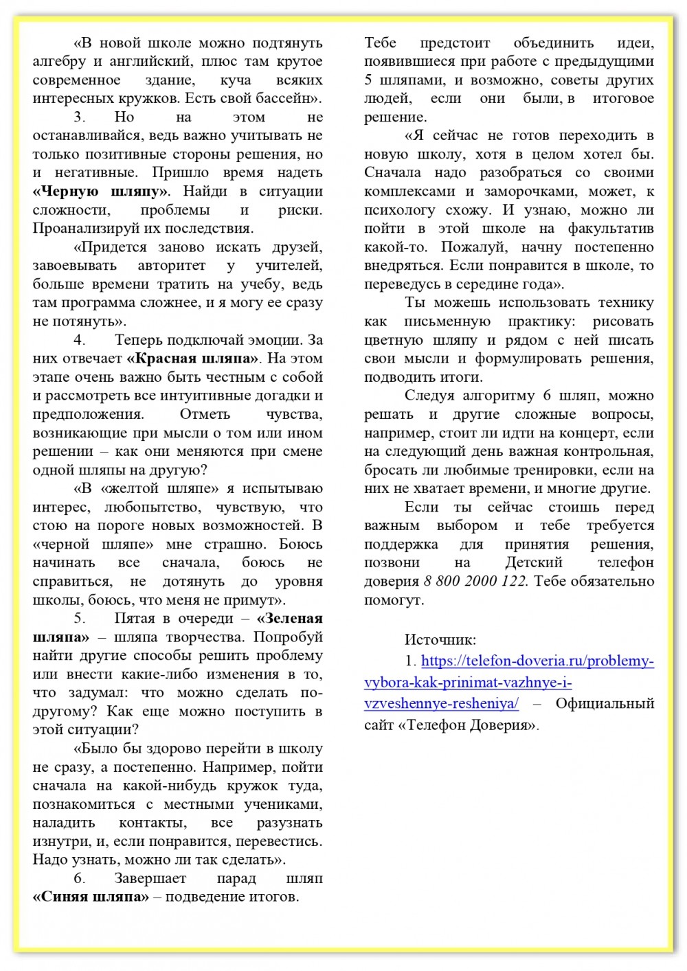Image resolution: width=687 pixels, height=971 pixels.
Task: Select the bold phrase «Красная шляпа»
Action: [x=193, y=358]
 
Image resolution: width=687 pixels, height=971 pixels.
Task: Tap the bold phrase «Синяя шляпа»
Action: [x=91, y=897]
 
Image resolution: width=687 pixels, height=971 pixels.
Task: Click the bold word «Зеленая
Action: [x=289, y=619]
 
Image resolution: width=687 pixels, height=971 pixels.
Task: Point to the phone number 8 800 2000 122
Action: [x=475, y=582]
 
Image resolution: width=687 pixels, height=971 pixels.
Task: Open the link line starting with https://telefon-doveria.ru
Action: [x=537, y=661]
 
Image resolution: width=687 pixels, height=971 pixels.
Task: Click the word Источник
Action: [x=440, y=640]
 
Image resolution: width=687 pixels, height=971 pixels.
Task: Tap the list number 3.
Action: [x=79, y=117]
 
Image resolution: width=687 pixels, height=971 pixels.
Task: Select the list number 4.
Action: [x=79, y=340]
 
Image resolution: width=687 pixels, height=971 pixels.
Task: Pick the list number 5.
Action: [x=79, y=619]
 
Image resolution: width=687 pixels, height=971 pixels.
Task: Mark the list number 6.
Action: [x=79, y=879]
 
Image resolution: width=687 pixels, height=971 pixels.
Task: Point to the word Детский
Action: [x=534, y=563]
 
